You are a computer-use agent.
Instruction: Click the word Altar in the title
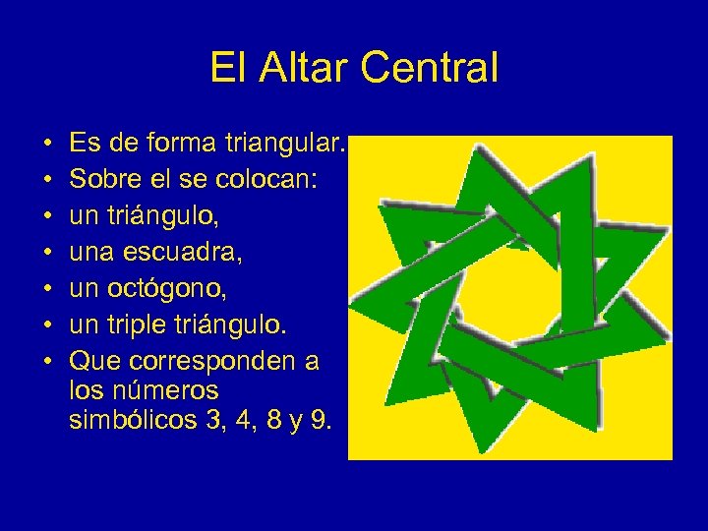[x=299, y=68]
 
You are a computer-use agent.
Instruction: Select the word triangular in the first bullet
[x=291, y=145]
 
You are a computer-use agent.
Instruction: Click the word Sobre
[x=105, y=181]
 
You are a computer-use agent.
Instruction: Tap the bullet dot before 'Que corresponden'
[x=47, y=363]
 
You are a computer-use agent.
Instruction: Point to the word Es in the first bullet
[x=84, y=145]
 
